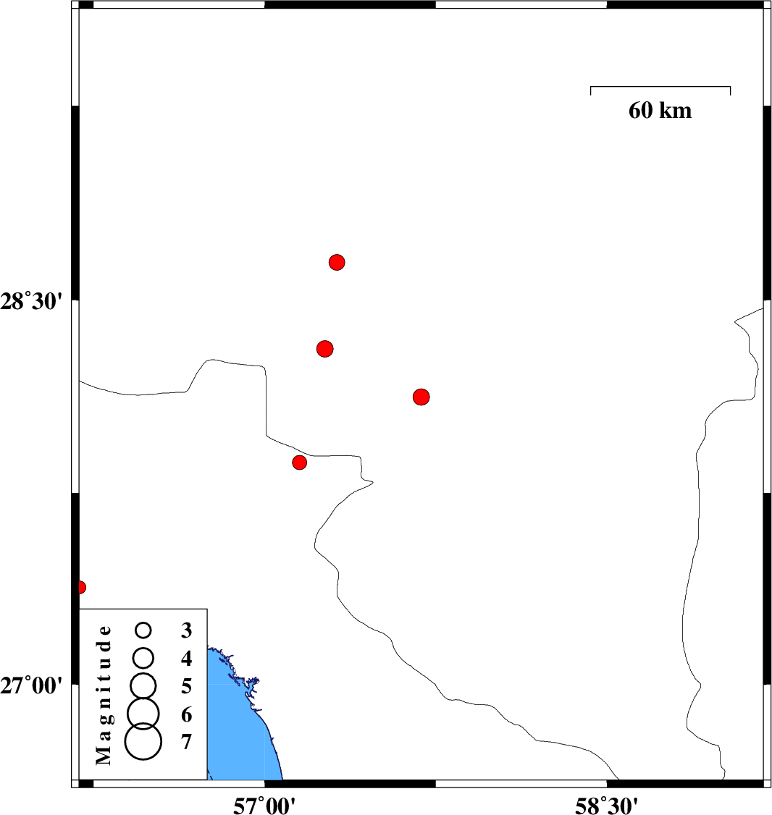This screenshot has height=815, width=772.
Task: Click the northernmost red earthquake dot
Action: click(337, 262)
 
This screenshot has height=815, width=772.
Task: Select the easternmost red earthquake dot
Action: click(421, 397)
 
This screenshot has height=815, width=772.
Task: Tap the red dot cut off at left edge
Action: click(81, 587)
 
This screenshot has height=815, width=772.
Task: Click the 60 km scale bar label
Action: click(660, 111)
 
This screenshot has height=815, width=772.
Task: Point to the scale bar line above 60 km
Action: click(660, 87)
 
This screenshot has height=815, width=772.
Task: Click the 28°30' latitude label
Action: click(33, 300)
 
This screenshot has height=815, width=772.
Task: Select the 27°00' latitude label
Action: click(33, 684)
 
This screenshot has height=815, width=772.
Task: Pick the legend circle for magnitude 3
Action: click(143, 630)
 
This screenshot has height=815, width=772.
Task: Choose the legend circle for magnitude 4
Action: click(143, 658)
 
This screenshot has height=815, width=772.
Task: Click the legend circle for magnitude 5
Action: click(143, 684)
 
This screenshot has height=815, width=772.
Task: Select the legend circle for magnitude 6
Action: click(143, 713)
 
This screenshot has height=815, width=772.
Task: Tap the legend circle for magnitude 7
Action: click(143, 742)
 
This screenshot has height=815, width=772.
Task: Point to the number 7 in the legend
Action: click(187, 742)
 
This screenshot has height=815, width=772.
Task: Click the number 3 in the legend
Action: click(187, 630)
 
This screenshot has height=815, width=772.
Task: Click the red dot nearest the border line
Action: click(300, 463)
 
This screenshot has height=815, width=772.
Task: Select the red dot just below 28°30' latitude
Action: click(325, 349)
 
